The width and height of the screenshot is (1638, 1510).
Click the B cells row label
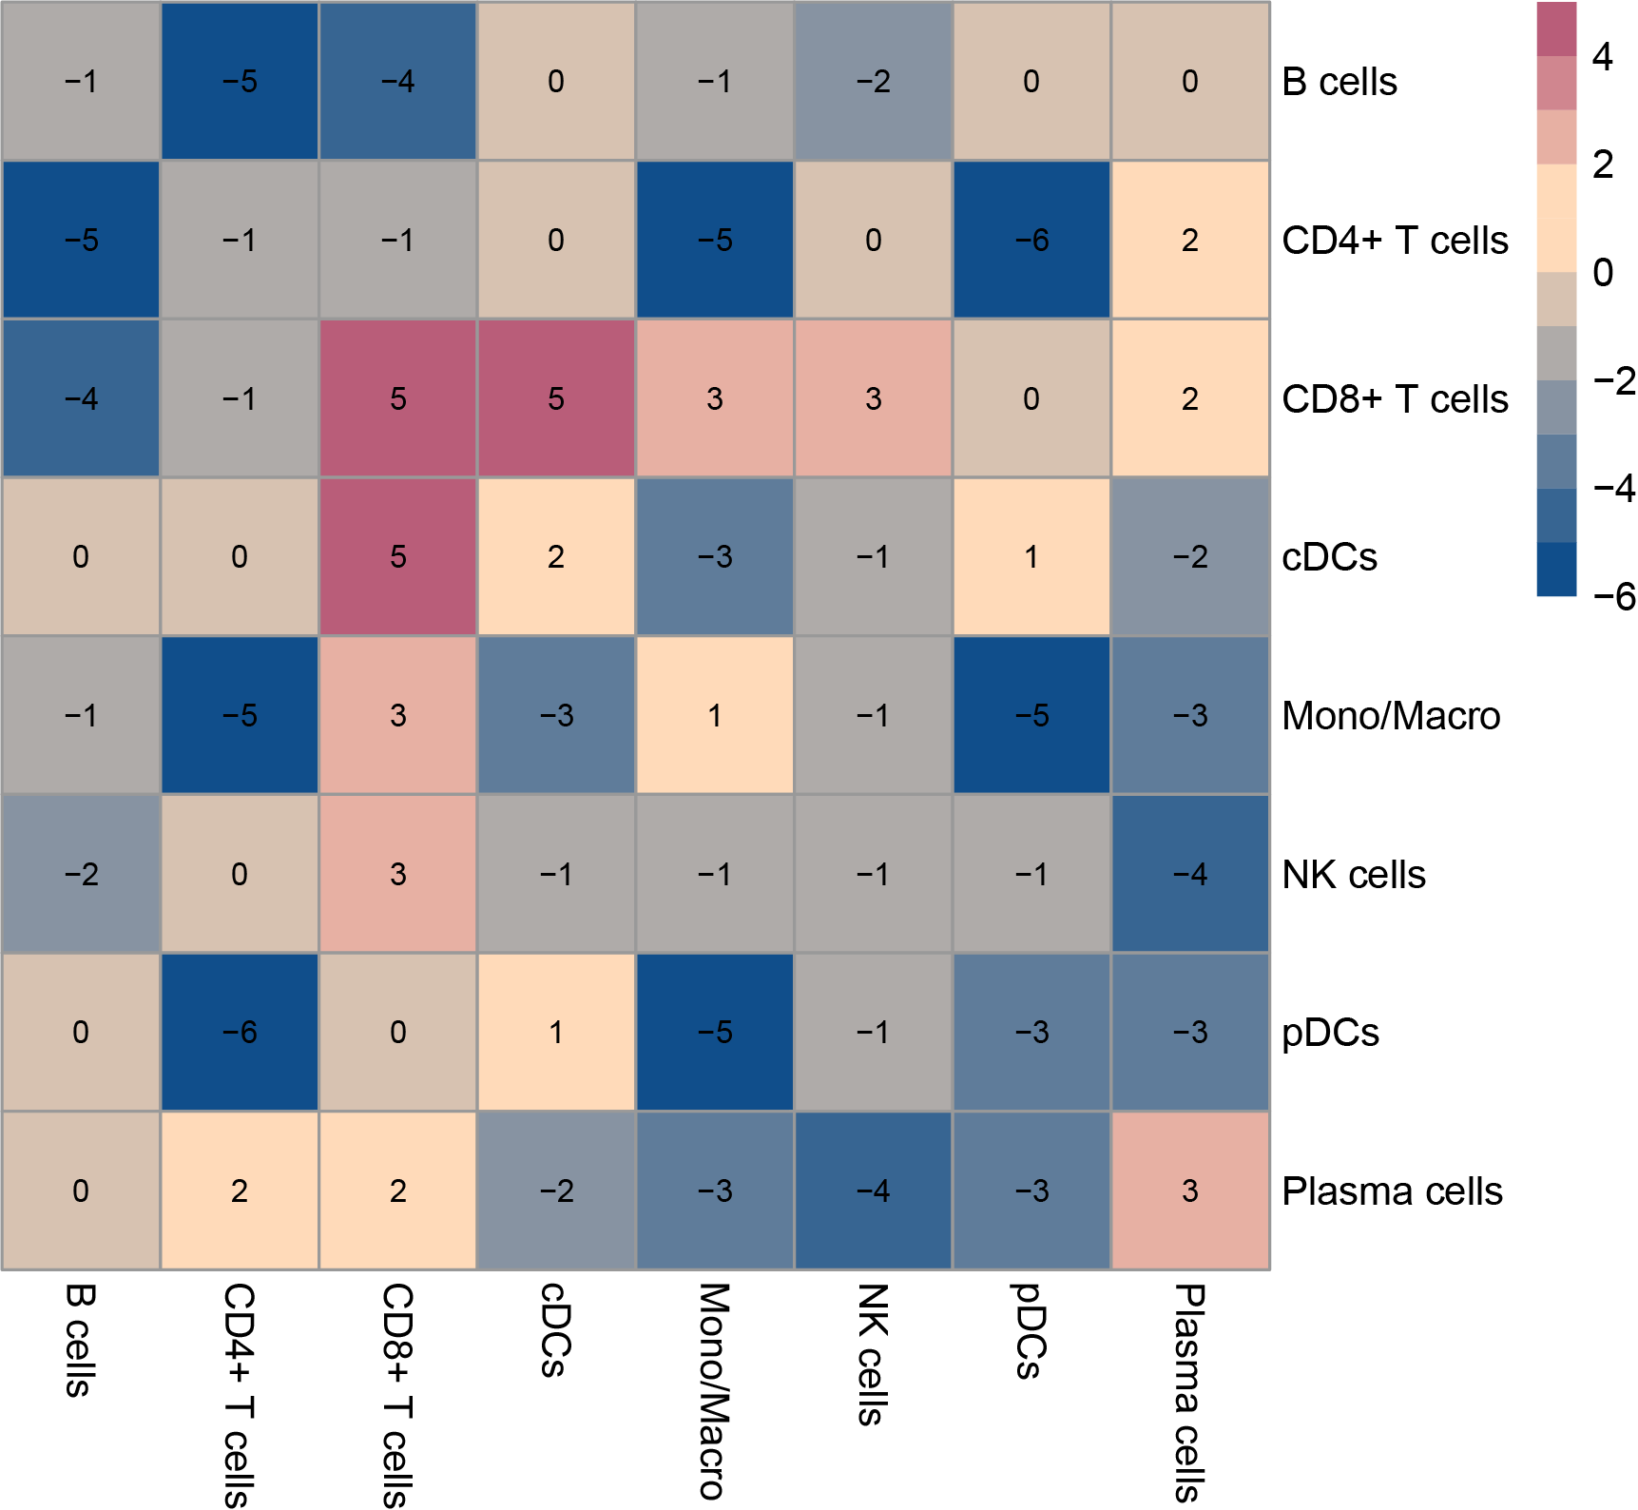(x=1339, y=82)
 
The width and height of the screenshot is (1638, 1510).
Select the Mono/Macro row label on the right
(x=1390, y=716)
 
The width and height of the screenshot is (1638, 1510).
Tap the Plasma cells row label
(x=1392, y=1191)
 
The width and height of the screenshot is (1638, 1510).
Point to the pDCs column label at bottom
(x=1031, y=1330)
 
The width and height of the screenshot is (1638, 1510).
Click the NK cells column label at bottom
(x=873, y=1354)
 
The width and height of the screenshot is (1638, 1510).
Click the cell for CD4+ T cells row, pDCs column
(x=1031, y=240)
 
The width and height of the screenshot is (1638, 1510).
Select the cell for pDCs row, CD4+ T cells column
(x=240, y=1032)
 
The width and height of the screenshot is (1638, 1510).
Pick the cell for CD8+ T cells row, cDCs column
(x=556, y=398)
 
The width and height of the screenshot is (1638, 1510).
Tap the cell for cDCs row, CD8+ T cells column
(x=397, y=556)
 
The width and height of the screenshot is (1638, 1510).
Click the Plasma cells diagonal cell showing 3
(x=1190, y=1191)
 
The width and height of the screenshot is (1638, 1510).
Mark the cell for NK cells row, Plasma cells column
(x=1190, y=874)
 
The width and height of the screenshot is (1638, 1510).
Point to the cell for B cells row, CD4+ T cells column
(x=240, y=82)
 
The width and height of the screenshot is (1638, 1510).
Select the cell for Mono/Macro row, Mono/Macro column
(x=715, y=715)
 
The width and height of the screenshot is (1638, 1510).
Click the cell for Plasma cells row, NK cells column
(x=873, y=1191)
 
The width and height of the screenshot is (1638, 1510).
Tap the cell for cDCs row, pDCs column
(x=1031, y=556)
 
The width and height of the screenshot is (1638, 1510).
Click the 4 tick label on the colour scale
(x=1603, y=57)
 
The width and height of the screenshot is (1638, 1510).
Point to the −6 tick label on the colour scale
(x=1613, y=597)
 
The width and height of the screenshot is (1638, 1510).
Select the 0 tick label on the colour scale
(x=1603, y=273)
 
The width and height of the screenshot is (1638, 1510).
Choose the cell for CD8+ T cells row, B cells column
(x=81, y=398)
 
